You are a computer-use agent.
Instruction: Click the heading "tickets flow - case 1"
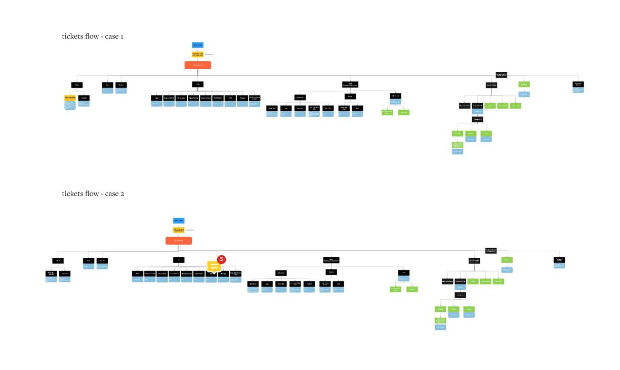pos(93,36)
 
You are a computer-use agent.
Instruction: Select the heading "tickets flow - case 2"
pos(93,194)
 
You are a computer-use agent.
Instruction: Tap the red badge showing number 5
pos(221,259)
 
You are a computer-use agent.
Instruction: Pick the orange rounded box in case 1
pos(197,65)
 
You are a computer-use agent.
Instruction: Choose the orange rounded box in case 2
pos(179,241)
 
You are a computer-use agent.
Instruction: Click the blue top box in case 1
pos(197,45)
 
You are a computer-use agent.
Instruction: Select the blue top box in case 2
pos(179,221)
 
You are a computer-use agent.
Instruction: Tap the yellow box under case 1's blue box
pos(197,54)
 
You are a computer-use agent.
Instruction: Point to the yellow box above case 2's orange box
pos(179,230)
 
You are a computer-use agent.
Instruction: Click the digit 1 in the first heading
pos(121,36)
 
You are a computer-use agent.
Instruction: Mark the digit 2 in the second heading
pos(122,194)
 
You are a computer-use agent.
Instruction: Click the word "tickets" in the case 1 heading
pos(73,36)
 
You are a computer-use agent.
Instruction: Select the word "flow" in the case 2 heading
pos(92,194)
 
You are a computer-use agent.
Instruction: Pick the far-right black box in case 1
pos(578,84)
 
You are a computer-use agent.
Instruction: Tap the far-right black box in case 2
pos(559,260)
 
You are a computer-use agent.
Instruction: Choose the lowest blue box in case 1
pos(458,152)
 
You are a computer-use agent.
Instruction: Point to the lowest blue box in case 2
pos(440,328)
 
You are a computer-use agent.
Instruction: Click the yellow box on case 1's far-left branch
pos(70,98)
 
